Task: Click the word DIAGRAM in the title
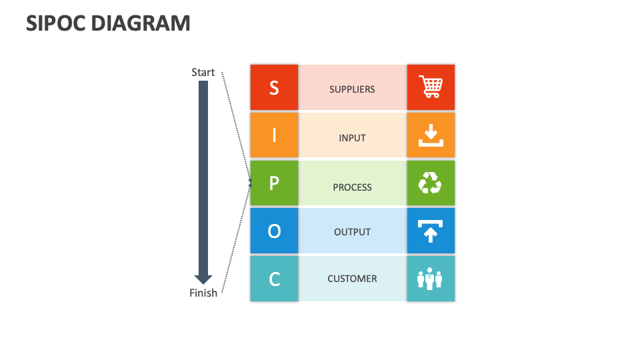click(141, 23)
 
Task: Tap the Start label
click(203, 72)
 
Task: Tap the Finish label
click(203, 293)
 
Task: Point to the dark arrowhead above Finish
click(203, 279)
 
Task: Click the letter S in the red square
click(274, 88)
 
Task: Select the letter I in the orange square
click(274, 135)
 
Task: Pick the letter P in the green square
click(274, 183)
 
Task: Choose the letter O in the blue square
click(274, 231)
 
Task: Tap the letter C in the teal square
click(274, 279)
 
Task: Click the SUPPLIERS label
click(352, 89)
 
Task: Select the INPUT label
click(352, 138)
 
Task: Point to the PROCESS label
click(352, 187)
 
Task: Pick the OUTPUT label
click(352, 232)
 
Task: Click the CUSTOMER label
click(352, 279)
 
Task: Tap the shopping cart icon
click(431, 87)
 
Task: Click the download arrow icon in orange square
click(431, 135)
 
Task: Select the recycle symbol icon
click(430, 183)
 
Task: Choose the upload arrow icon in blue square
click(430, 231)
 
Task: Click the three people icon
click(430, 279)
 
